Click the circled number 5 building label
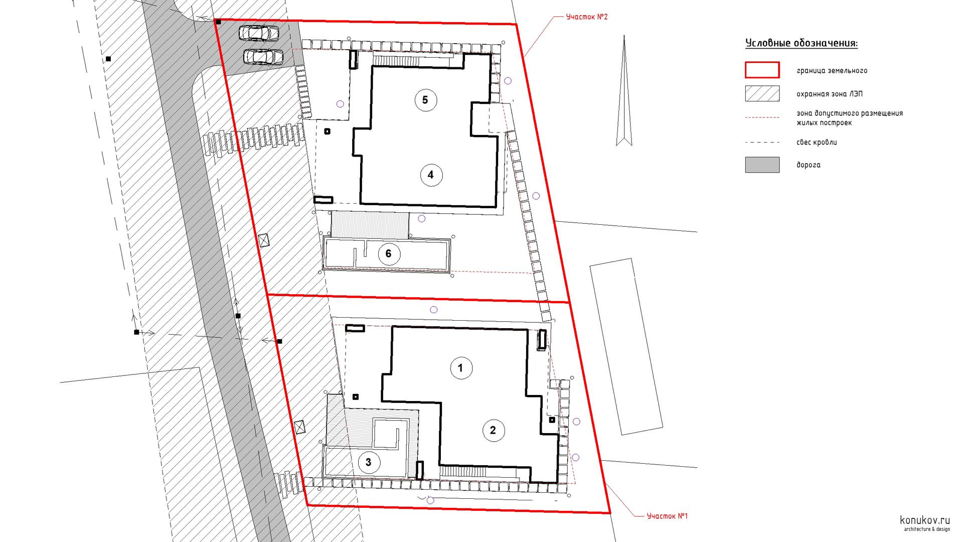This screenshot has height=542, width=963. tap(425, 100)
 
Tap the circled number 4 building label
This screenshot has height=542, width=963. tap(430, 175)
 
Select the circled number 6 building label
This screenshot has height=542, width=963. tap(388, 254)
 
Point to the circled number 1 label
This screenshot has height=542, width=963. tap(460, 368)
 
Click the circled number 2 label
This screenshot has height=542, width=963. tap(493, 430)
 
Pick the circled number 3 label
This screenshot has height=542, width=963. tap(369, 462)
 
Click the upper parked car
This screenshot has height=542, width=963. tap(259, 33)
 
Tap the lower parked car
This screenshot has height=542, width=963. tap(263, 57)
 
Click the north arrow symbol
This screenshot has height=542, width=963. tap(624, 90)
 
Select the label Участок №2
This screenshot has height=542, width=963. tap(587, 17)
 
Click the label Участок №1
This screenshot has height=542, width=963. tap(667, 516)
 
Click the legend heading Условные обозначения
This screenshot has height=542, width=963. tap(801, 43)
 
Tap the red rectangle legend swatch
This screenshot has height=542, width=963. tap(762, 70)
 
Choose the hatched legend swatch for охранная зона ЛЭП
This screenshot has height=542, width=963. tap(762, 94)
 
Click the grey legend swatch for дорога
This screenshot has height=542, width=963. tap(762, 165)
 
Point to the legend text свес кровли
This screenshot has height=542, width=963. tap(817, 143)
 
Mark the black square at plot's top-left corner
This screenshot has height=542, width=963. tap(218, 22)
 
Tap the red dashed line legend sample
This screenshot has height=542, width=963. tap(762, 117)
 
